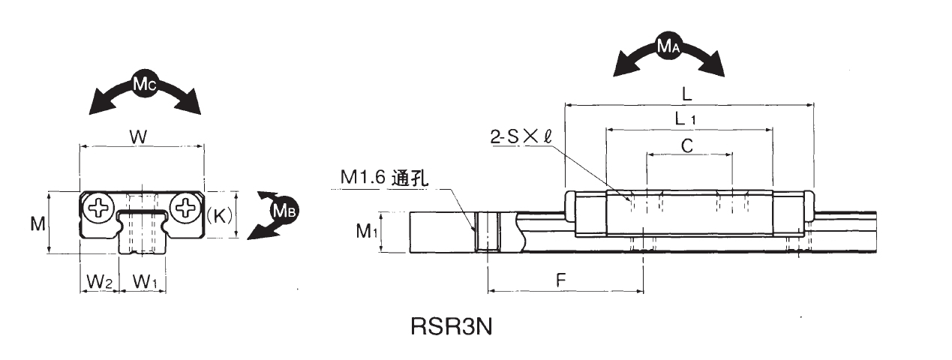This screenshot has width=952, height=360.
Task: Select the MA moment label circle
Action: coord(668,47)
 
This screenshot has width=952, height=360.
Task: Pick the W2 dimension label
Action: coord(99,282)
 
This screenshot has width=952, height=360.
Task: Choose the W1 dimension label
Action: coord(145,282)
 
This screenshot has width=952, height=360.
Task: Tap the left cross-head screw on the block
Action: coord(98,208)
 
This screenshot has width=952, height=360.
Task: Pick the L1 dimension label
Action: coord(685,118)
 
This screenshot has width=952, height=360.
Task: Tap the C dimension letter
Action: coord(686,145)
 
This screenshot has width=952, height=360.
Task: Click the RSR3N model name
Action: coord(451,328)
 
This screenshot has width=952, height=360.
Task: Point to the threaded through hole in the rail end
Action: coord(487,232)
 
